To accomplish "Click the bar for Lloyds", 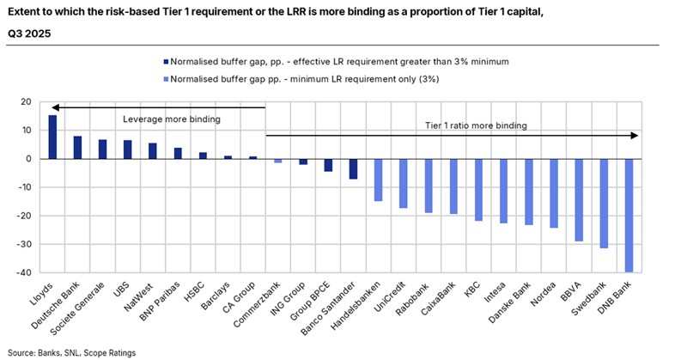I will coord(52,137).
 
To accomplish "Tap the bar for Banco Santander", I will coord(329,168).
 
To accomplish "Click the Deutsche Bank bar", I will coord(77,148).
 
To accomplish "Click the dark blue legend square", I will coord(164,61).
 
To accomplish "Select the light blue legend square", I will coord(164,79).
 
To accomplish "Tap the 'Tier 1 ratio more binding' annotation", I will coord(475,125).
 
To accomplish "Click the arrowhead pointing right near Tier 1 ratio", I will coord(635,136).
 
